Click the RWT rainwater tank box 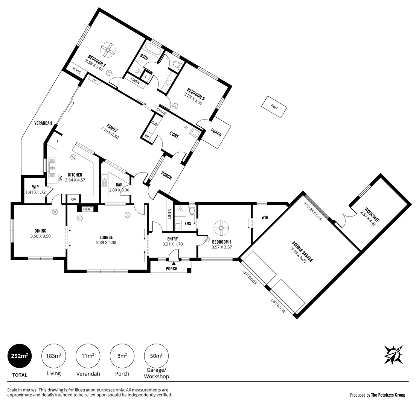tap(274, 107)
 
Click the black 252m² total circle tap(20, 356)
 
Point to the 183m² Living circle tap(53, 356)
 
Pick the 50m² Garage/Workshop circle tap(156, 356)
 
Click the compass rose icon tap(393, 354)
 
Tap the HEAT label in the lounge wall tap(87, 209)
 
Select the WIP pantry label tap(35, 187)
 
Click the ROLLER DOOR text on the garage tap(313, 211)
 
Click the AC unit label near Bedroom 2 tap(94, 81)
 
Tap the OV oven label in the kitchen tap(74, 199)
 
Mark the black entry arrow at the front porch tap(174, 263)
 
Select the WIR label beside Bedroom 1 tap(265, 217)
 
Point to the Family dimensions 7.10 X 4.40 tap(110, 133)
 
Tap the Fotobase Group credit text tap(378, 395)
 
